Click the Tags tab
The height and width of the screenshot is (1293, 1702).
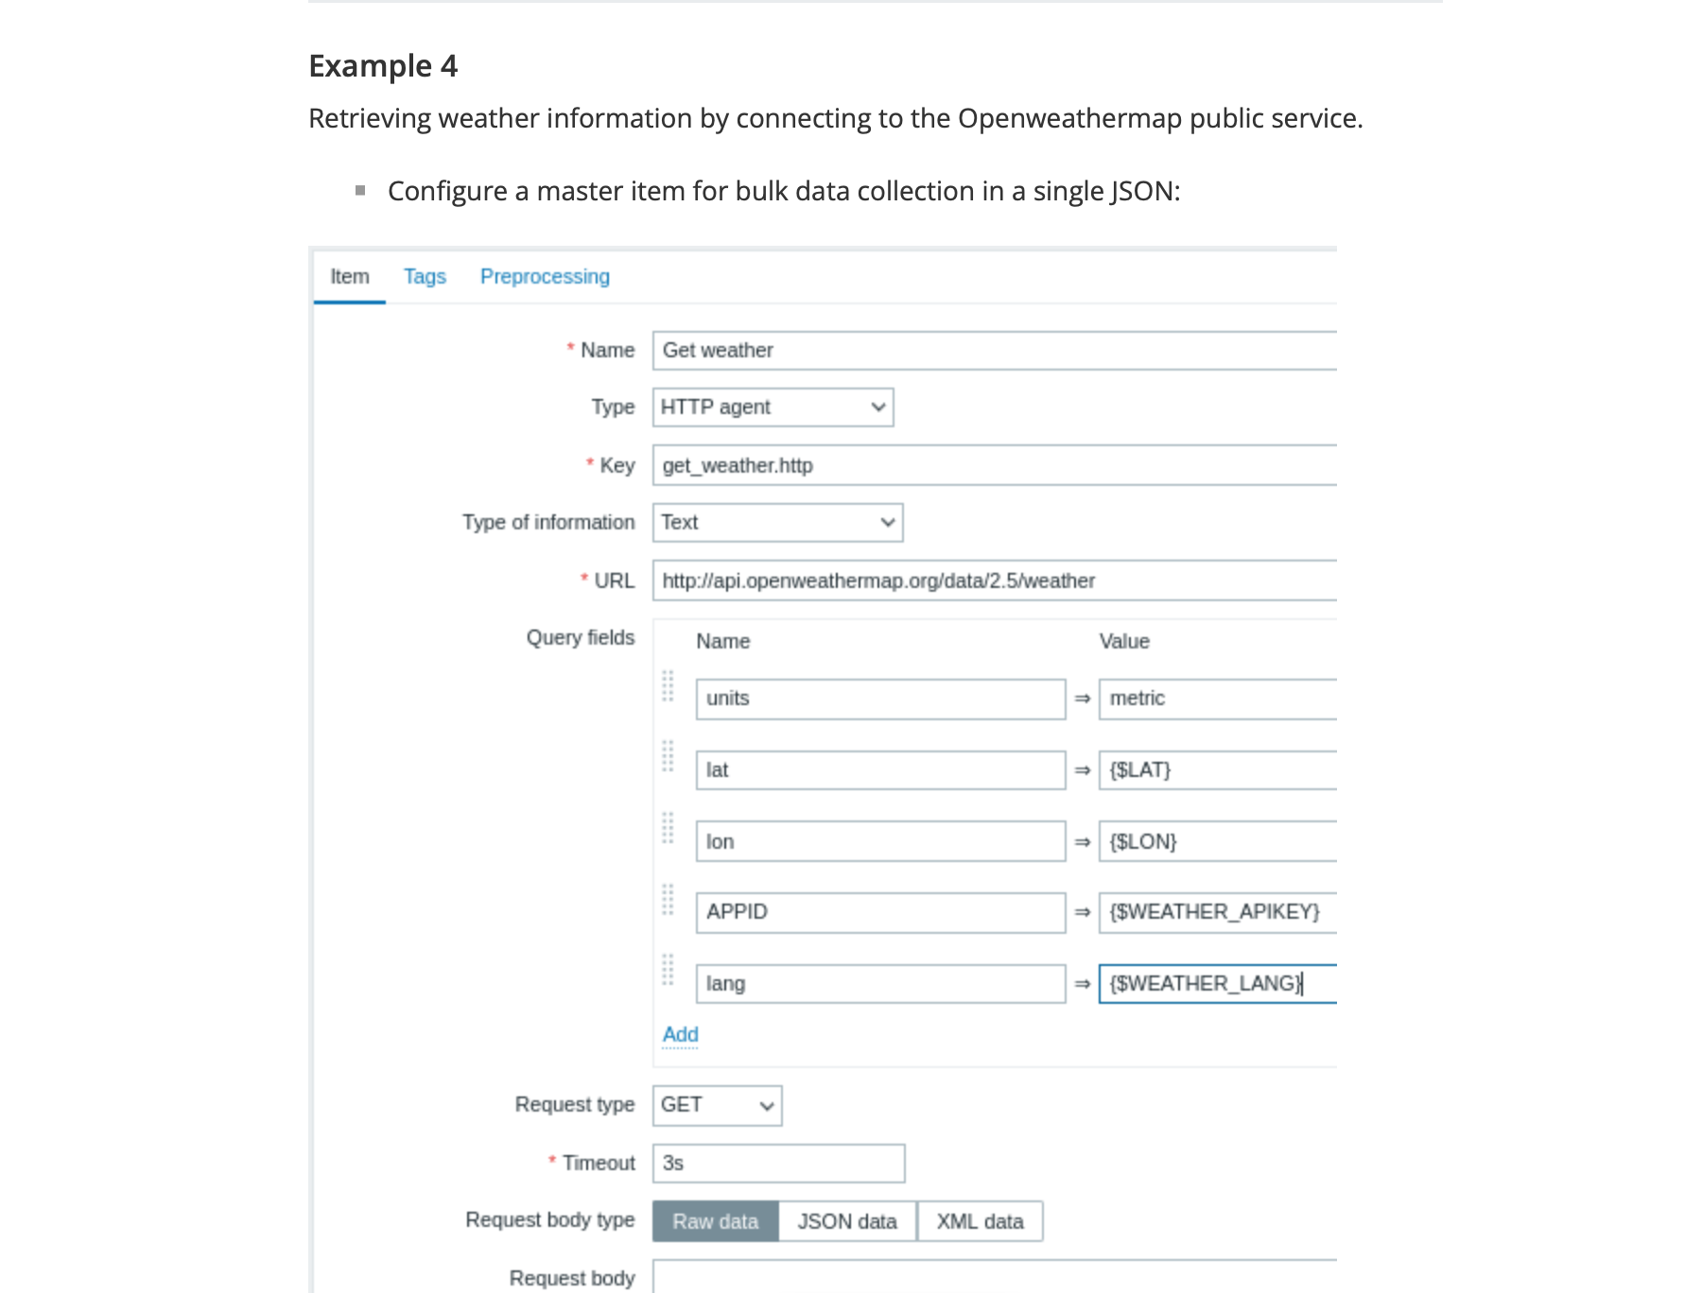coord(425,277)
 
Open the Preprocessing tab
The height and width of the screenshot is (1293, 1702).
coord(545,277)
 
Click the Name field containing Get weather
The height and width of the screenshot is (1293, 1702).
coord(993,351)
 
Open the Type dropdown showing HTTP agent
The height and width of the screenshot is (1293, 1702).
coord(773,407)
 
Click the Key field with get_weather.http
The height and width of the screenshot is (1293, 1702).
coord(993,465)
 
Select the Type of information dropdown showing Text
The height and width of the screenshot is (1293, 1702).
coord(777,523)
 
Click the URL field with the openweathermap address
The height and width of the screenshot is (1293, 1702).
coord(993,580)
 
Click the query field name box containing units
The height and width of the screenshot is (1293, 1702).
coord(879,698)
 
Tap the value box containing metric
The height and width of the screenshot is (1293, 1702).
coord(1217,698)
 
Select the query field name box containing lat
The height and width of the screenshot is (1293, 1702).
coord(879,770)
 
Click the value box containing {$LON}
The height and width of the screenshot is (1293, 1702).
coord(1217,841)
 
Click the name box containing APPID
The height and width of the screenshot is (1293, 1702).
coord(879,912)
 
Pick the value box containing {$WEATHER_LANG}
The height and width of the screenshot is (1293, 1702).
coord(1217,984)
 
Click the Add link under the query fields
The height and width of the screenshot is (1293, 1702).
coord(680,1035)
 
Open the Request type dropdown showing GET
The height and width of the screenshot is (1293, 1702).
coord(717,1106)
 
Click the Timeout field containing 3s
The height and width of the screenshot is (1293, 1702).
coord(777,1164)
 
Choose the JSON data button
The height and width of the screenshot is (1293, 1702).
coord(847,1221)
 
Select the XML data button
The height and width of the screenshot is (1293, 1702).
coord(980,1221)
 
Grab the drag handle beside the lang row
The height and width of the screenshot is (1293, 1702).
coord(668,970)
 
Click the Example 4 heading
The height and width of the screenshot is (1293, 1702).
coord(383,66)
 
